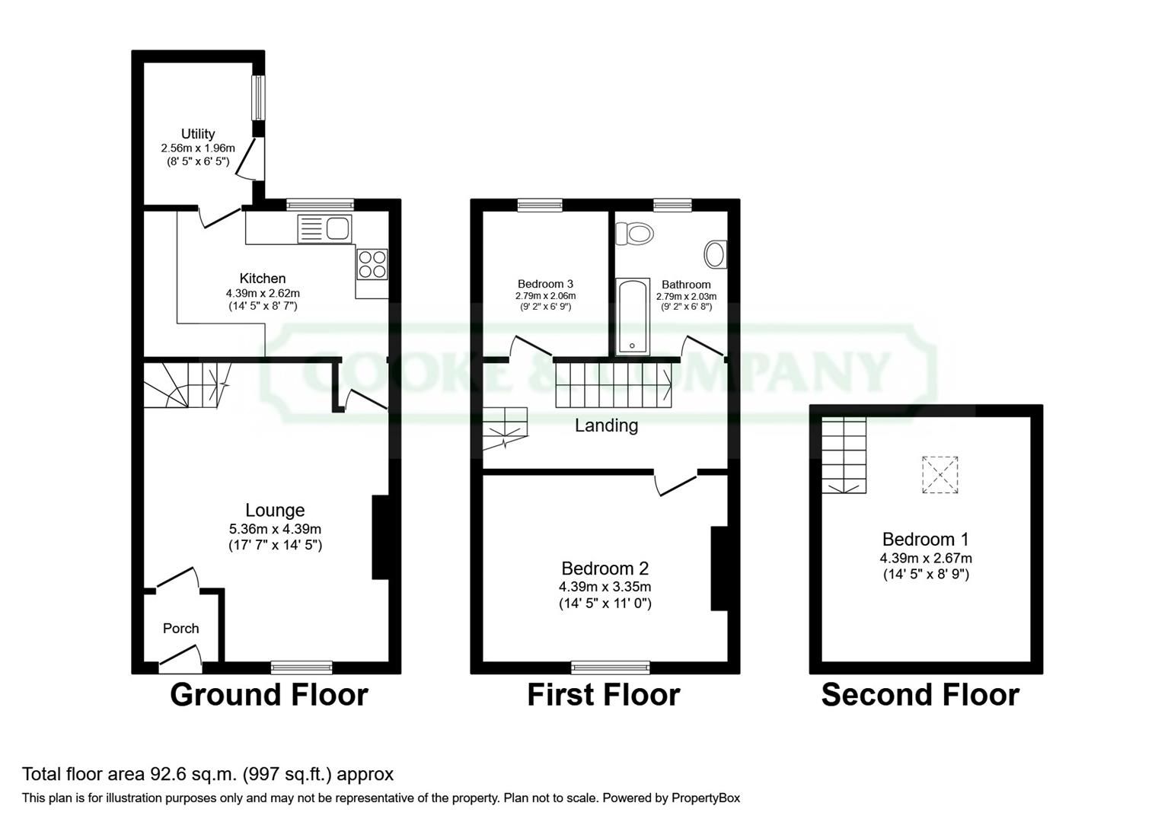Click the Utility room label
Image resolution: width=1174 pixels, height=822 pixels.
(198, 134)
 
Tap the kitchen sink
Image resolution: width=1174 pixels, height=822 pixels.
(324, 228)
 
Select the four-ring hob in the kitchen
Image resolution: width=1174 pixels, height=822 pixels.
(372, 264)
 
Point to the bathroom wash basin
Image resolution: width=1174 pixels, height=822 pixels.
(716, 255)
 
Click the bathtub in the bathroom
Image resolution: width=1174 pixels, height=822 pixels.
(633, 317)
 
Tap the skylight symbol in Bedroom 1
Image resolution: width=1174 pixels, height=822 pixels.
(940, 475)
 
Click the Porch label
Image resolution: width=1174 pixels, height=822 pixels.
(181, 628)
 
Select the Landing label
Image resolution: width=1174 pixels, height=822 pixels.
(606, 425)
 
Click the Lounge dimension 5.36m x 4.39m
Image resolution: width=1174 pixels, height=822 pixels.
(275, 529)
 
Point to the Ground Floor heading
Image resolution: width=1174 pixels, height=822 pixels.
(269, 695)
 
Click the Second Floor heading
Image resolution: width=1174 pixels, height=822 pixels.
(920, 695)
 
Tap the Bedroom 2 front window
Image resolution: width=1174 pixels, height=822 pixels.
(611, 667)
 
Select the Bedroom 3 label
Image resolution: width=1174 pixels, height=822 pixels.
(545, 284)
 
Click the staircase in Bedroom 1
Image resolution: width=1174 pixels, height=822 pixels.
(844, 455)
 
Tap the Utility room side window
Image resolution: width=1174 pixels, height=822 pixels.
(259, 97)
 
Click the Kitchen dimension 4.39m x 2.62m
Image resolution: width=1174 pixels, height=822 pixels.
(263, 293)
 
